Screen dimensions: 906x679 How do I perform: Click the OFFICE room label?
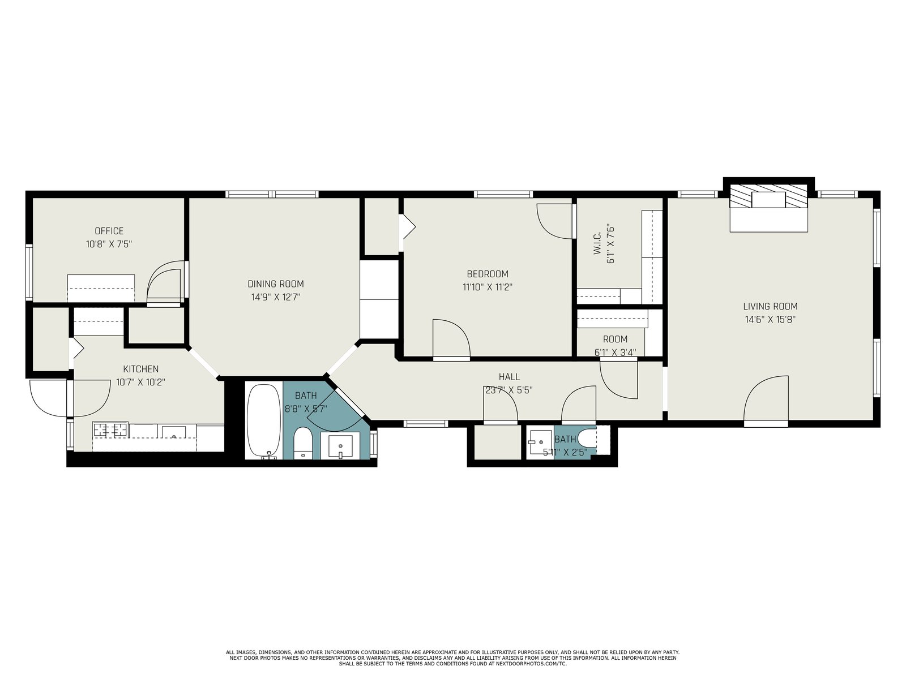(x=109, y=231)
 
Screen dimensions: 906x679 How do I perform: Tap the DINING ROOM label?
(x=276, y=283)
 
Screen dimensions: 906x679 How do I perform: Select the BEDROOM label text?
(x=488, y=274)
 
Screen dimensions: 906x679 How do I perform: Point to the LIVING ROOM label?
(x=770, y=306)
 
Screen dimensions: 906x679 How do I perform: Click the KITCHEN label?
(x=141, y=369)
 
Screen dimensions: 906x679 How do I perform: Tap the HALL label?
(x=509, y=376)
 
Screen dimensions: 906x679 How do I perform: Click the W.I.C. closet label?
(x=597, y=245)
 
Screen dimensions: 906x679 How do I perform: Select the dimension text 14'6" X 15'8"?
(x=770, y=320)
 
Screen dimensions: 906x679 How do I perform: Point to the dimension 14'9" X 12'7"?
(x=276, y=297)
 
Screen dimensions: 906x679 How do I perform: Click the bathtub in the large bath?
(x=264, y=422)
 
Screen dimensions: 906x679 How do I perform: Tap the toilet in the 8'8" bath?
(x=303, y=443)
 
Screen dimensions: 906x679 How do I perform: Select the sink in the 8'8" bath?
(x=340, y=446)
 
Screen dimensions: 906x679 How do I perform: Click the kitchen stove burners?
(x=110, y=430)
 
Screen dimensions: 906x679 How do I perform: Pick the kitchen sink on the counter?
(x=173, y=432)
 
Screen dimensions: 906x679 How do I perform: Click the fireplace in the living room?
(x=768, y=208)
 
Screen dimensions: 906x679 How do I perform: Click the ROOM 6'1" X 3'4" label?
(x=615, y=346)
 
